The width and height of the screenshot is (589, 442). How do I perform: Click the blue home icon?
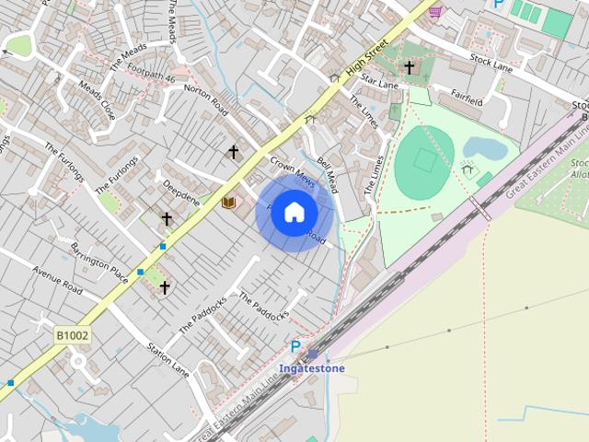pyautogui.click(x=294, y=212)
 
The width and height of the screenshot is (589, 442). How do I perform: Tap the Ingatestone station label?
pyautogui.click(x=313, y=368)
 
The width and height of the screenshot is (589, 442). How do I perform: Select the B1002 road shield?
pyautogui.click(x=71, y=336)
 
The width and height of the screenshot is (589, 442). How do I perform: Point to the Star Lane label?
pyautogui.click(x=380, y=82)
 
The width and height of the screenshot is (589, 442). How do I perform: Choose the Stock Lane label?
pyautogui.click(x=490, y=62)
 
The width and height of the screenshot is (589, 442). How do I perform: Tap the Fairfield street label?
pyautogui.click(x=460, y=100)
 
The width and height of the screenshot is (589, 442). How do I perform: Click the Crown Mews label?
pyautogui.click(x=293, y=172)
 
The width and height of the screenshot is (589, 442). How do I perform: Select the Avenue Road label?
pyautogui.click(x=57, y=281)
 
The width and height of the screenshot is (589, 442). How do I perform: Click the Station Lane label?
pyautogui.click(x=167, y=360)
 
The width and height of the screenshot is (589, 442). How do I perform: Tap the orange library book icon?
pyautogui.click(x=229, y=202)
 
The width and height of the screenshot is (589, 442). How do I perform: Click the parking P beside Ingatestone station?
pyautogui.click(x=295, y=347)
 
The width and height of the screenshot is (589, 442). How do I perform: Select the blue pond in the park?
pyautogui.click(x=484, y=147)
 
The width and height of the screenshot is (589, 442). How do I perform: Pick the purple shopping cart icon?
pyautogui.click(x=434, y=11)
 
